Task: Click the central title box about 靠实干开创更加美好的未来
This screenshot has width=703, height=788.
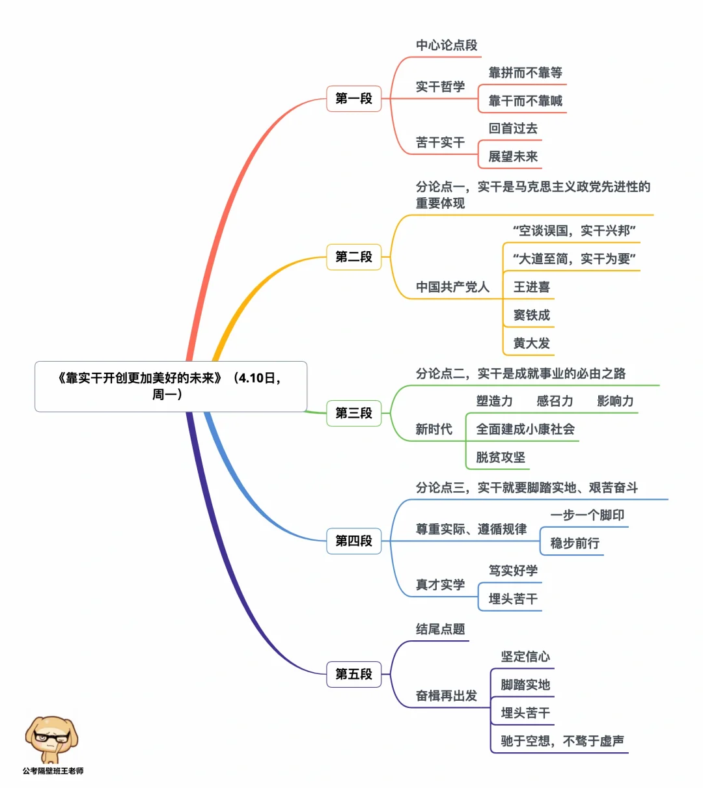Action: click(170, 386)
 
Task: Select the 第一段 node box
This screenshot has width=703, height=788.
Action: click(353, 99)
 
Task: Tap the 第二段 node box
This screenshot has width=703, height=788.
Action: click(353, 257)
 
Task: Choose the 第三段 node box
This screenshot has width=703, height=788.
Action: click(353, 413)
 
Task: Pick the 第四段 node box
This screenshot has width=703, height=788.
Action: click(353, 541)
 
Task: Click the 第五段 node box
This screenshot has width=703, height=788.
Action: click(353, 674)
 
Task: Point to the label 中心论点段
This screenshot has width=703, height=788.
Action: click(447, 46)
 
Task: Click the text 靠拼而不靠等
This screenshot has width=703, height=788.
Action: click(525, 73)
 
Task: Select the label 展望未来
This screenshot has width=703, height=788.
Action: click(513, 157)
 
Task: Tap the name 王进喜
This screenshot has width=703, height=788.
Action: click(531, 287)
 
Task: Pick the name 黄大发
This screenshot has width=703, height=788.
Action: click(531, 343)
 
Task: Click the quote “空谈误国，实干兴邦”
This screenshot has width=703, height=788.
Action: click(573, 231)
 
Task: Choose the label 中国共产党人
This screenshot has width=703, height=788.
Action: click(452, 287)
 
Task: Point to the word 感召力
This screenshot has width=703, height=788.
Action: click(555, 401)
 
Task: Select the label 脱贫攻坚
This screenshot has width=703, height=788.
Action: click(501, 457)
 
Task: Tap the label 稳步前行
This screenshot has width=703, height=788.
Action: click(575, 543)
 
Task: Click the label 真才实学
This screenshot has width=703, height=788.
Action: click(440, 585)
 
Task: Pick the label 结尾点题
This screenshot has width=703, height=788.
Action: click(440, 629)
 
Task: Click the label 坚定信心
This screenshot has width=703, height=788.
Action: click(525, 657)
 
